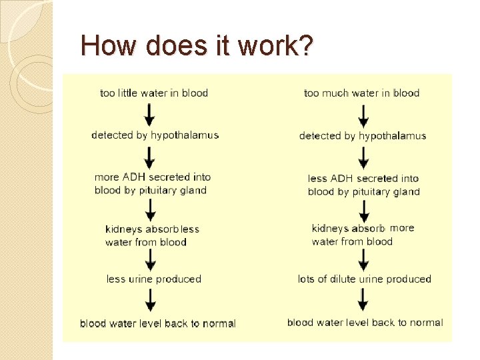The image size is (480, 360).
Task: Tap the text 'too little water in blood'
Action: click(154, 93)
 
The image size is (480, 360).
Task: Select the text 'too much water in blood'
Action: click(361, 93)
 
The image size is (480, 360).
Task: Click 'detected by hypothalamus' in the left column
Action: click(155, 135)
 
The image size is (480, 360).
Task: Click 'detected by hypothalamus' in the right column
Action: click(363, 136)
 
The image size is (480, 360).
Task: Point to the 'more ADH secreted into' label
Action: click(153, 177)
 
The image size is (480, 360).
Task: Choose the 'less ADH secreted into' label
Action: click(363, 179)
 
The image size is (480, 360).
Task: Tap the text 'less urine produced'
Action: click(154, 279)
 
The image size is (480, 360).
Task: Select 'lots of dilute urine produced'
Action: click(365, 279)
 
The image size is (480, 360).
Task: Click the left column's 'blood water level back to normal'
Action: click(158, 324)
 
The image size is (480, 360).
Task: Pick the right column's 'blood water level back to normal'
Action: click(365, 323)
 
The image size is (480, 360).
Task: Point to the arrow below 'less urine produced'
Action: click(151, 301)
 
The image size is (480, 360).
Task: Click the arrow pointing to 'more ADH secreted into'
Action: click(150, 157)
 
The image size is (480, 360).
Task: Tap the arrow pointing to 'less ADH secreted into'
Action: click(363, 157)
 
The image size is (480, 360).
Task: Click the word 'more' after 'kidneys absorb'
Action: click(402, 228)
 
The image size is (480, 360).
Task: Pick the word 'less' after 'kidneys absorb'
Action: click(190, 229)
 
